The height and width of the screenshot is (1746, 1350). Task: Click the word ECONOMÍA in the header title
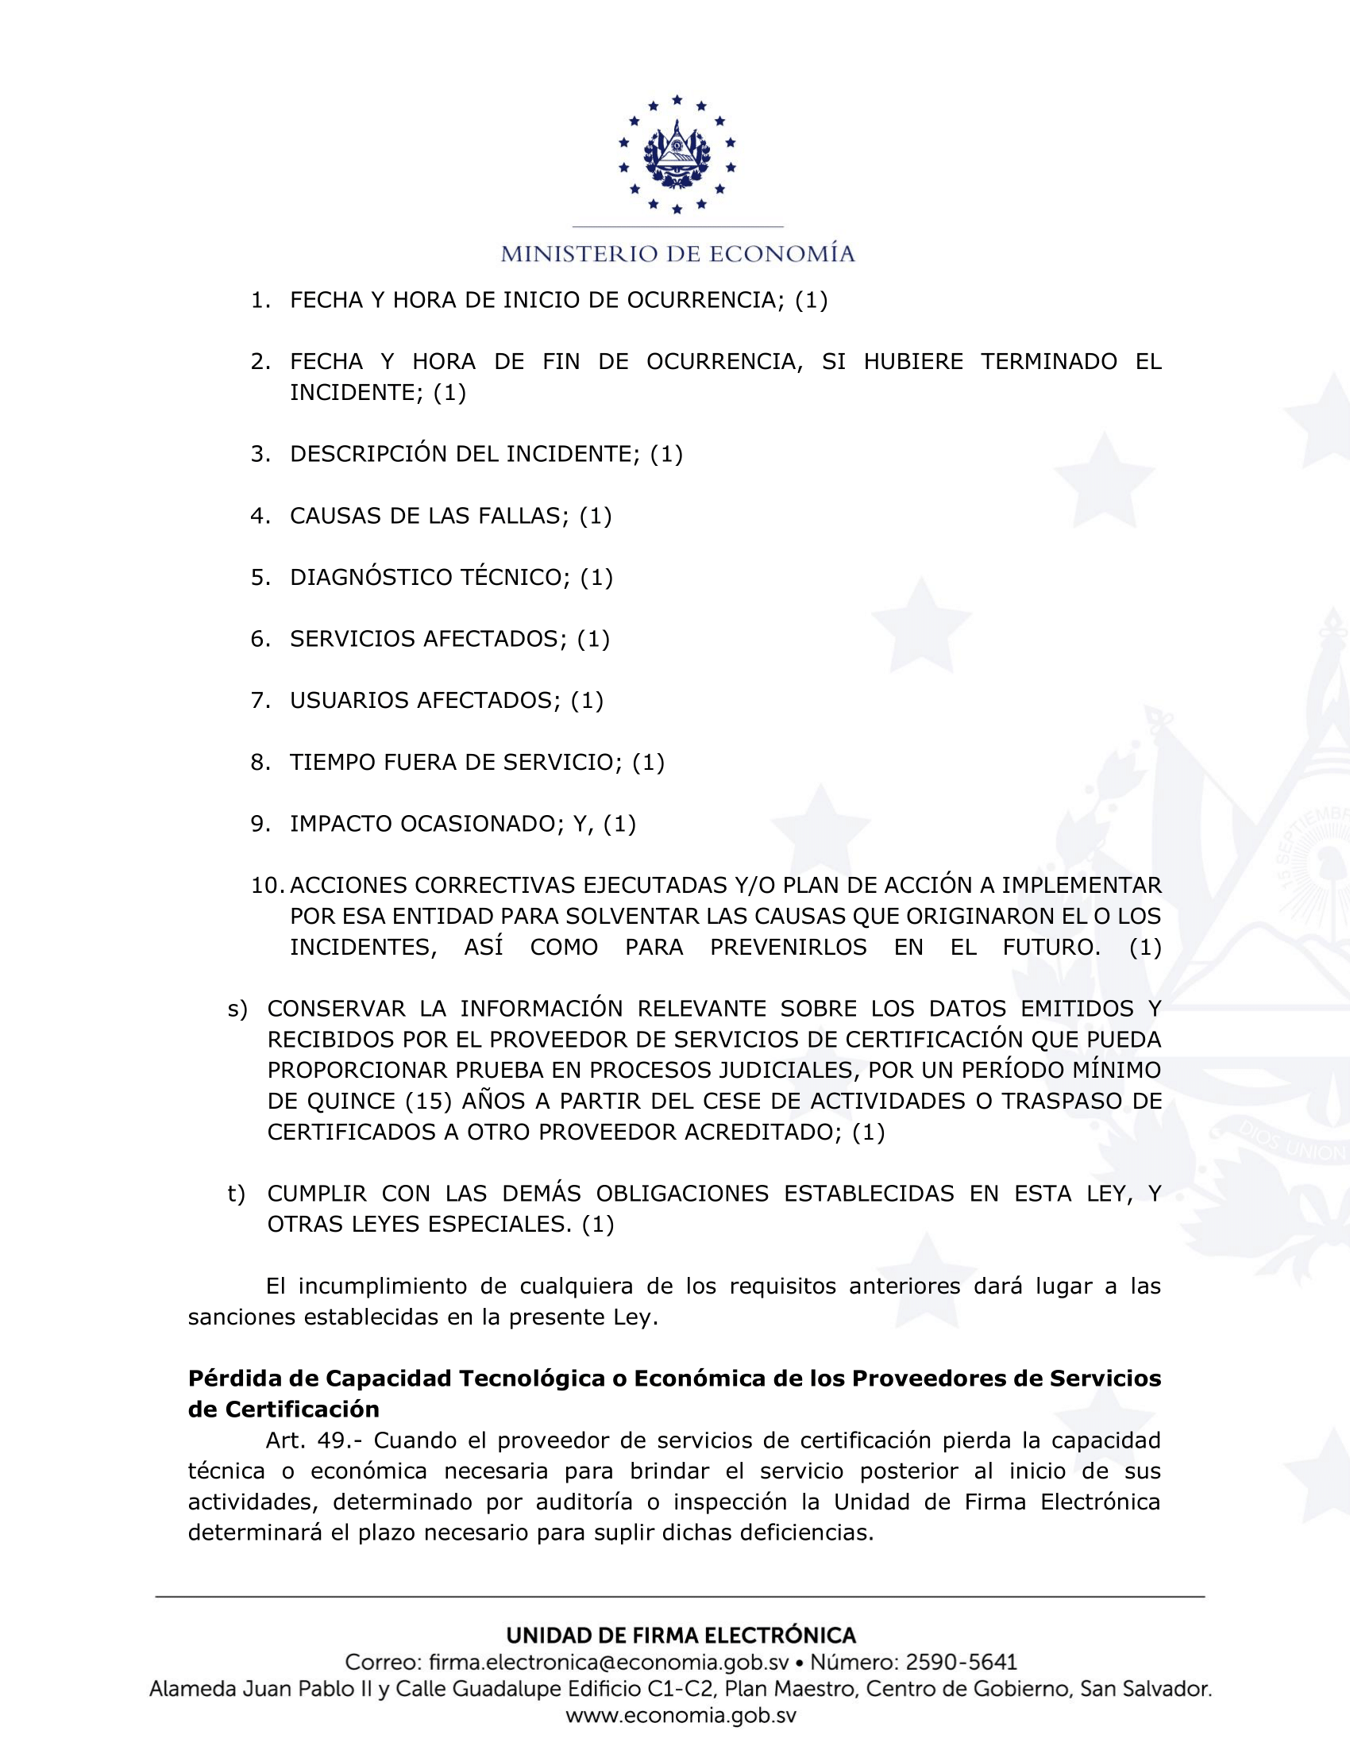pyautogui.click(x=782, y=254)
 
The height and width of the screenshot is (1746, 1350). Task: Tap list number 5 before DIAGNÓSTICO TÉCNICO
pyautogui.click(x=260, y=577)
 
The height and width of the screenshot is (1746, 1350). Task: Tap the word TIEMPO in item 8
pyautogui.click(x=333, y=762)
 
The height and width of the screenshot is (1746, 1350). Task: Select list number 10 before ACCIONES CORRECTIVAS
pyautogui.click(x=267, y=885)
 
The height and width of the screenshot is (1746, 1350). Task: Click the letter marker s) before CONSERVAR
pyautogui.click(x=237, y=1009)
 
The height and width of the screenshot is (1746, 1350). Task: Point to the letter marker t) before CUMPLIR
pyautogui.click(x=237, y=1194)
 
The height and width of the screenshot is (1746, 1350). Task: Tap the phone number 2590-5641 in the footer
pyautogui.click(x=961, y=1662)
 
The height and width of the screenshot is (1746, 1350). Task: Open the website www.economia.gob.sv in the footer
pyautogui.click(x=681, y=1716)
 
